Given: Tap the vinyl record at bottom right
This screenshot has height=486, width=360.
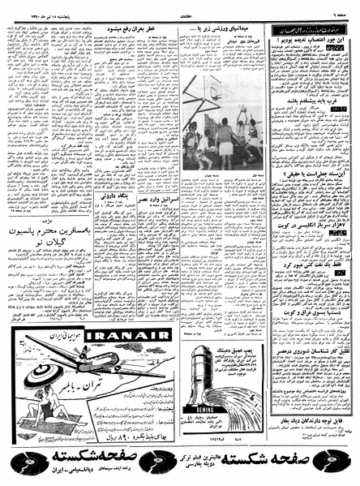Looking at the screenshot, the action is click(341, 463).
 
